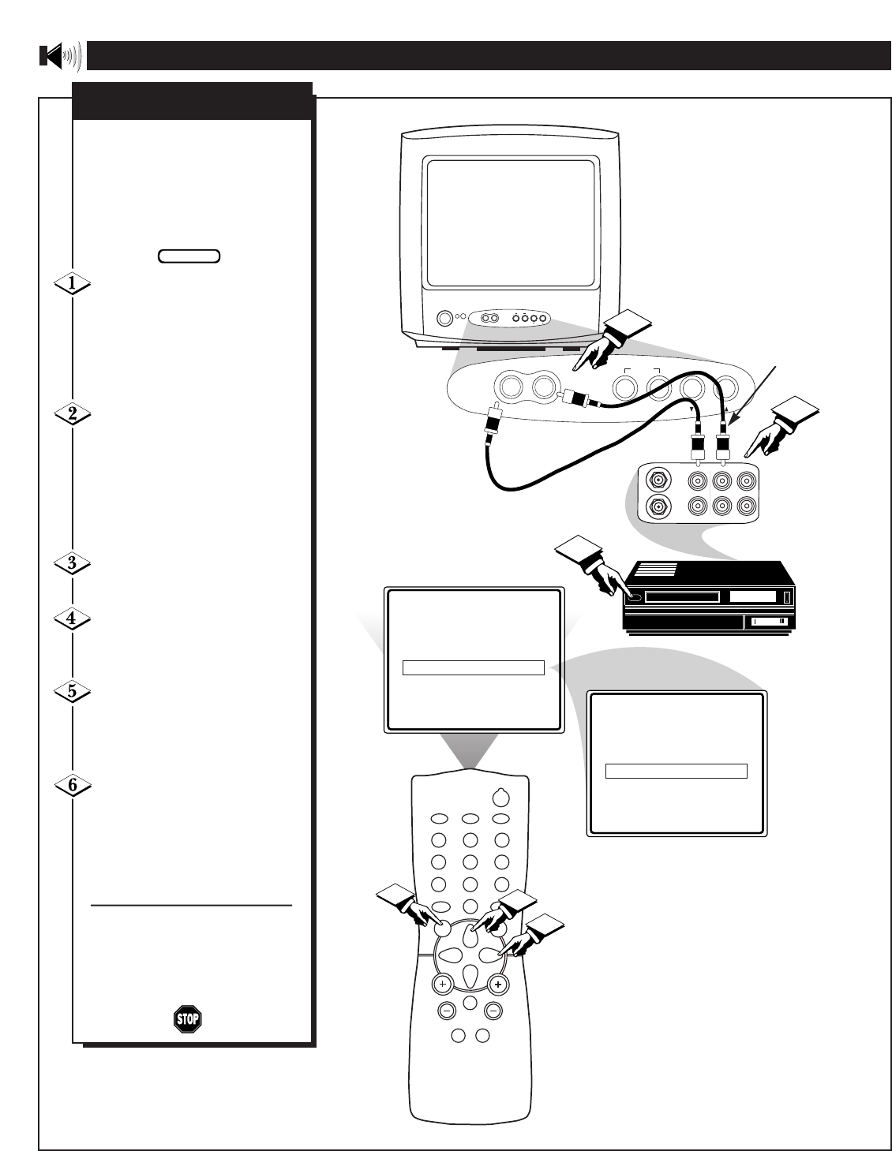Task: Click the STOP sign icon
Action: pyautogui.click(x=187, y=1018)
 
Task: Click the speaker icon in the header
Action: pyautogui.click(x=59, y=56)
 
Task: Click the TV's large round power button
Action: pyautogui.click(x=444, y=319)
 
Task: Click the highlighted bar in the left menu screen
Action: pyautogui.click(x=474, y=667)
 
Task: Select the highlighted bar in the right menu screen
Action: pyautogui.click(x=676, y=772)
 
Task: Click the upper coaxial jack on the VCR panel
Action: pyautogui.click(x=655, y=479)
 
